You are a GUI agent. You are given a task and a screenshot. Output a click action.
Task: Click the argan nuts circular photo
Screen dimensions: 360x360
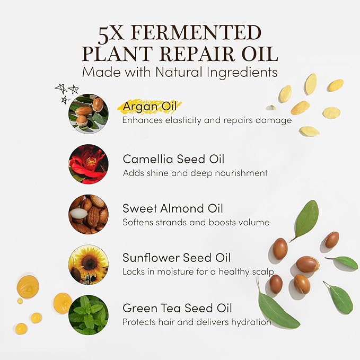point(89,113)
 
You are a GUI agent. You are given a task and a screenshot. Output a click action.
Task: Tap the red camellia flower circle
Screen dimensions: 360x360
point(89,164)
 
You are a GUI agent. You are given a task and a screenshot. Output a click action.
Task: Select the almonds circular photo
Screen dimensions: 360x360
point(89,214)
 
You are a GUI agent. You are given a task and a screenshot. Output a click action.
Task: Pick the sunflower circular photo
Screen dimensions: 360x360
point(89,265)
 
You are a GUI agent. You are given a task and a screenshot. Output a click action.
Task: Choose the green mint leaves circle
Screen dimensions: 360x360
point(89,315)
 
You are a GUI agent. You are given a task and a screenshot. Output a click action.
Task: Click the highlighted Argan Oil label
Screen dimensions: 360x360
point(150,107)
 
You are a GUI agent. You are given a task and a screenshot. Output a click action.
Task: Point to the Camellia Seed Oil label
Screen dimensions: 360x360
point(173,159)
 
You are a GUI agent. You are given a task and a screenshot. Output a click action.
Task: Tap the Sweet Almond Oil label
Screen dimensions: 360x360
point(173,208)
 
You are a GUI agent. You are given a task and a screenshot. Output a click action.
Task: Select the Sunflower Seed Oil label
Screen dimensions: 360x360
point(177,258)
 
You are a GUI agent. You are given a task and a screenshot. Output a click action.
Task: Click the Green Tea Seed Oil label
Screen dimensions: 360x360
point(177,308)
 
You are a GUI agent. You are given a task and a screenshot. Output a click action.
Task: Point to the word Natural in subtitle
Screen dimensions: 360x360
point(179,72)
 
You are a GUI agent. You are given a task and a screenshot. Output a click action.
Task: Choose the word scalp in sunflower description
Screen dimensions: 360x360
point(263,272)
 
